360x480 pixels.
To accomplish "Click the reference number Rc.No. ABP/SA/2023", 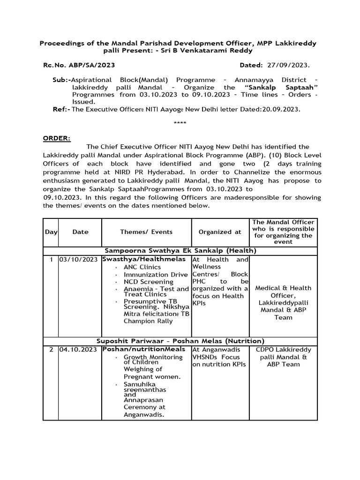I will (x=79, y=66).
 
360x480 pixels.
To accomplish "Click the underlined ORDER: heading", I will (x=57, y=138).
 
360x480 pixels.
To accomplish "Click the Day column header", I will (x=51, y=232).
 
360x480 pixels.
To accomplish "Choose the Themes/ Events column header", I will (x=146, y=232).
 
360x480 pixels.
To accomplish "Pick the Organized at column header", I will (x=220, y=232).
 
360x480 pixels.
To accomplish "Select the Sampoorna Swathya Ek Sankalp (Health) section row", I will (x=180, y=251).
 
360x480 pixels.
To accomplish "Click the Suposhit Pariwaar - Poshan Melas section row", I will (x=180, y=341).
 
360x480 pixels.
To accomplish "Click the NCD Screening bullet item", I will (x=148, y=282).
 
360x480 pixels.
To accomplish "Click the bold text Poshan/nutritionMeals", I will (x=144, y=349).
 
